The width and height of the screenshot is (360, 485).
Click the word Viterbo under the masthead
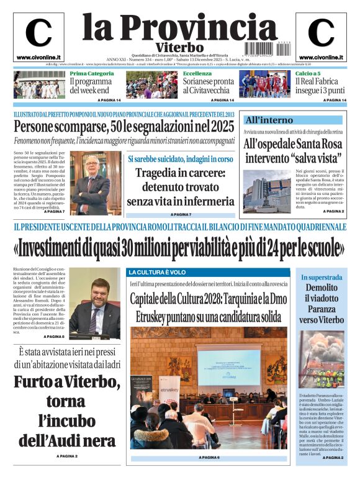tap(179, 47)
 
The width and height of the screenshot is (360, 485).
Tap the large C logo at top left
tap(38, 33)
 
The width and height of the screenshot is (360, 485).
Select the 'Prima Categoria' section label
tap(91, 73)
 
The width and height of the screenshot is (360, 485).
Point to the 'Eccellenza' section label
tap(197, 73)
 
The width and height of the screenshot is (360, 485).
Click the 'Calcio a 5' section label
tap(308, 73)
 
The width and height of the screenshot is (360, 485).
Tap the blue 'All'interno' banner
tap(292, 119)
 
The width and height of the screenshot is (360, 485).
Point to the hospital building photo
tap(258, 191)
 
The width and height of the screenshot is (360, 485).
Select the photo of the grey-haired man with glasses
tap(92, 183)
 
